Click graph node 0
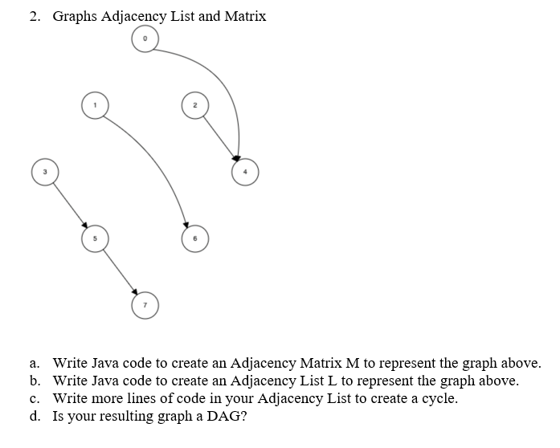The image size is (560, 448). [145, 39]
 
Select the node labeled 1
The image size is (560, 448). [95, 105]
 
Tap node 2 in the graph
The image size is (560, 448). [195, 105]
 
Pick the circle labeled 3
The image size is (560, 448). [45, 172]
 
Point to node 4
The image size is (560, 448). [245, 172]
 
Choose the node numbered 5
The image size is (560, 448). [95, 238]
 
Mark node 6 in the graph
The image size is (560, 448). [195, 238]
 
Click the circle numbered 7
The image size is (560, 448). [145, 306]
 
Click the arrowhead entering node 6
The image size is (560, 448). [186, 225]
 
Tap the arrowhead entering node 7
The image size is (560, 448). [135, 291]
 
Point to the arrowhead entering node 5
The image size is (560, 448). [84, 225]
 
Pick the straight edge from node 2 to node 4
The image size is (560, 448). [219, 138]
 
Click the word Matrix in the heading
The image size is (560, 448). [245, 16]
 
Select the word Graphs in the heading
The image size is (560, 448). [75, 17]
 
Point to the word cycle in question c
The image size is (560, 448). [439, 399]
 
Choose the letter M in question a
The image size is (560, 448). [353, 363]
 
